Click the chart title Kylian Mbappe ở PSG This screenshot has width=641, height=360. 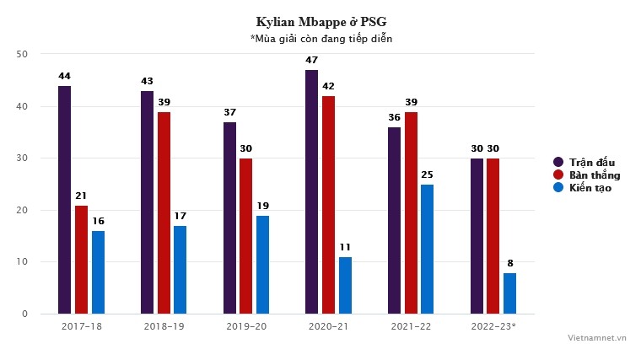[320, 21]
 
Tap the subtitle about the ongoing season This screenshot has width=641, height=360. [320, 39]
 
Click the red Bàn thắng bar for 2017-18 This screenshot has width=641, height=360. [81, 260]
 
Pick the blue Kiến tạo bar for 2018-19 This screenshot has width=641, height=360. [180, 270]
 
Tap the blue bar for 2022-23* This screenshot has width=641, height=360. [510, 293]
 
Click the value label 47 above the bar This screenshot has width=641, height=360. [312, 61]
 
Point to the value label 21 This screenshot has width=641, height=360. [81, 196]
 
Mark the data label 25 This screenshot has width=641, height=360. [428, 175]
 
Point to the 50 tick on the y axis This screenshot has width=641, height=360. [22, 54]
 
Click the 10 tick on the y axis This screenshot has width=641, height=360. [22, 262]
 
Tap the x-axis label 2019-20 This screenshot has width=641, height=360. [246, 325]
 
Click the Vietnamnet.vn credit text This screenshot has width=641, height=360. [598, 336]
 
